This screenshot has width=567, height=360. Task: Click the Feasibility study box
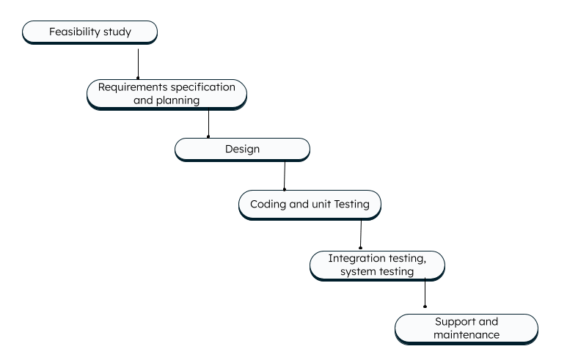(x=89, y=32)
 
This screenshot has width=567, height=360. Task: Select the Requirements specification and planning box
(x=167, y=94)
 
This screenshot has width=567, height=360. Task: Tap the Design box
(x=242, y=150)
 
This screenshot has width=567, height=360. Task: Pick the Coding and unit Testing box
(x=310, y=205)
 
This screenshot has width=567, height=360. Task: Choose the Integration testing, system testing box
(x=377, y=265)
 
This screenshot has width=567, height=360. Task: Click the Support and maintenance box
(x=466, y=328)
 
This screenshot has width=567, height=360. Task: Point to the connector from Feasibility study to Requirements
(x=138, y=63)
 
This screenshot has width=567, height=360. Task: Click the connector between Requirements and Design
(x=209, y=124)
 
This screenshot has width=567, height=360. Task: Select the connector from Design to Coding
(x=285, y=175)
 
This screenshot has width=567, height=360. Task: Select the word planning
(x=178, y=101)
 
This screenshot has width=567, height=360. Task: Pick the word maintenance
(x=466, y=335)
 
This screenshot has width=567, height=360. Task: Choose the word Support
(x=456, y=322)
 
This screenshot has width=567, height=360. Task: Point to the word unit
(x=322, y=205)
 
